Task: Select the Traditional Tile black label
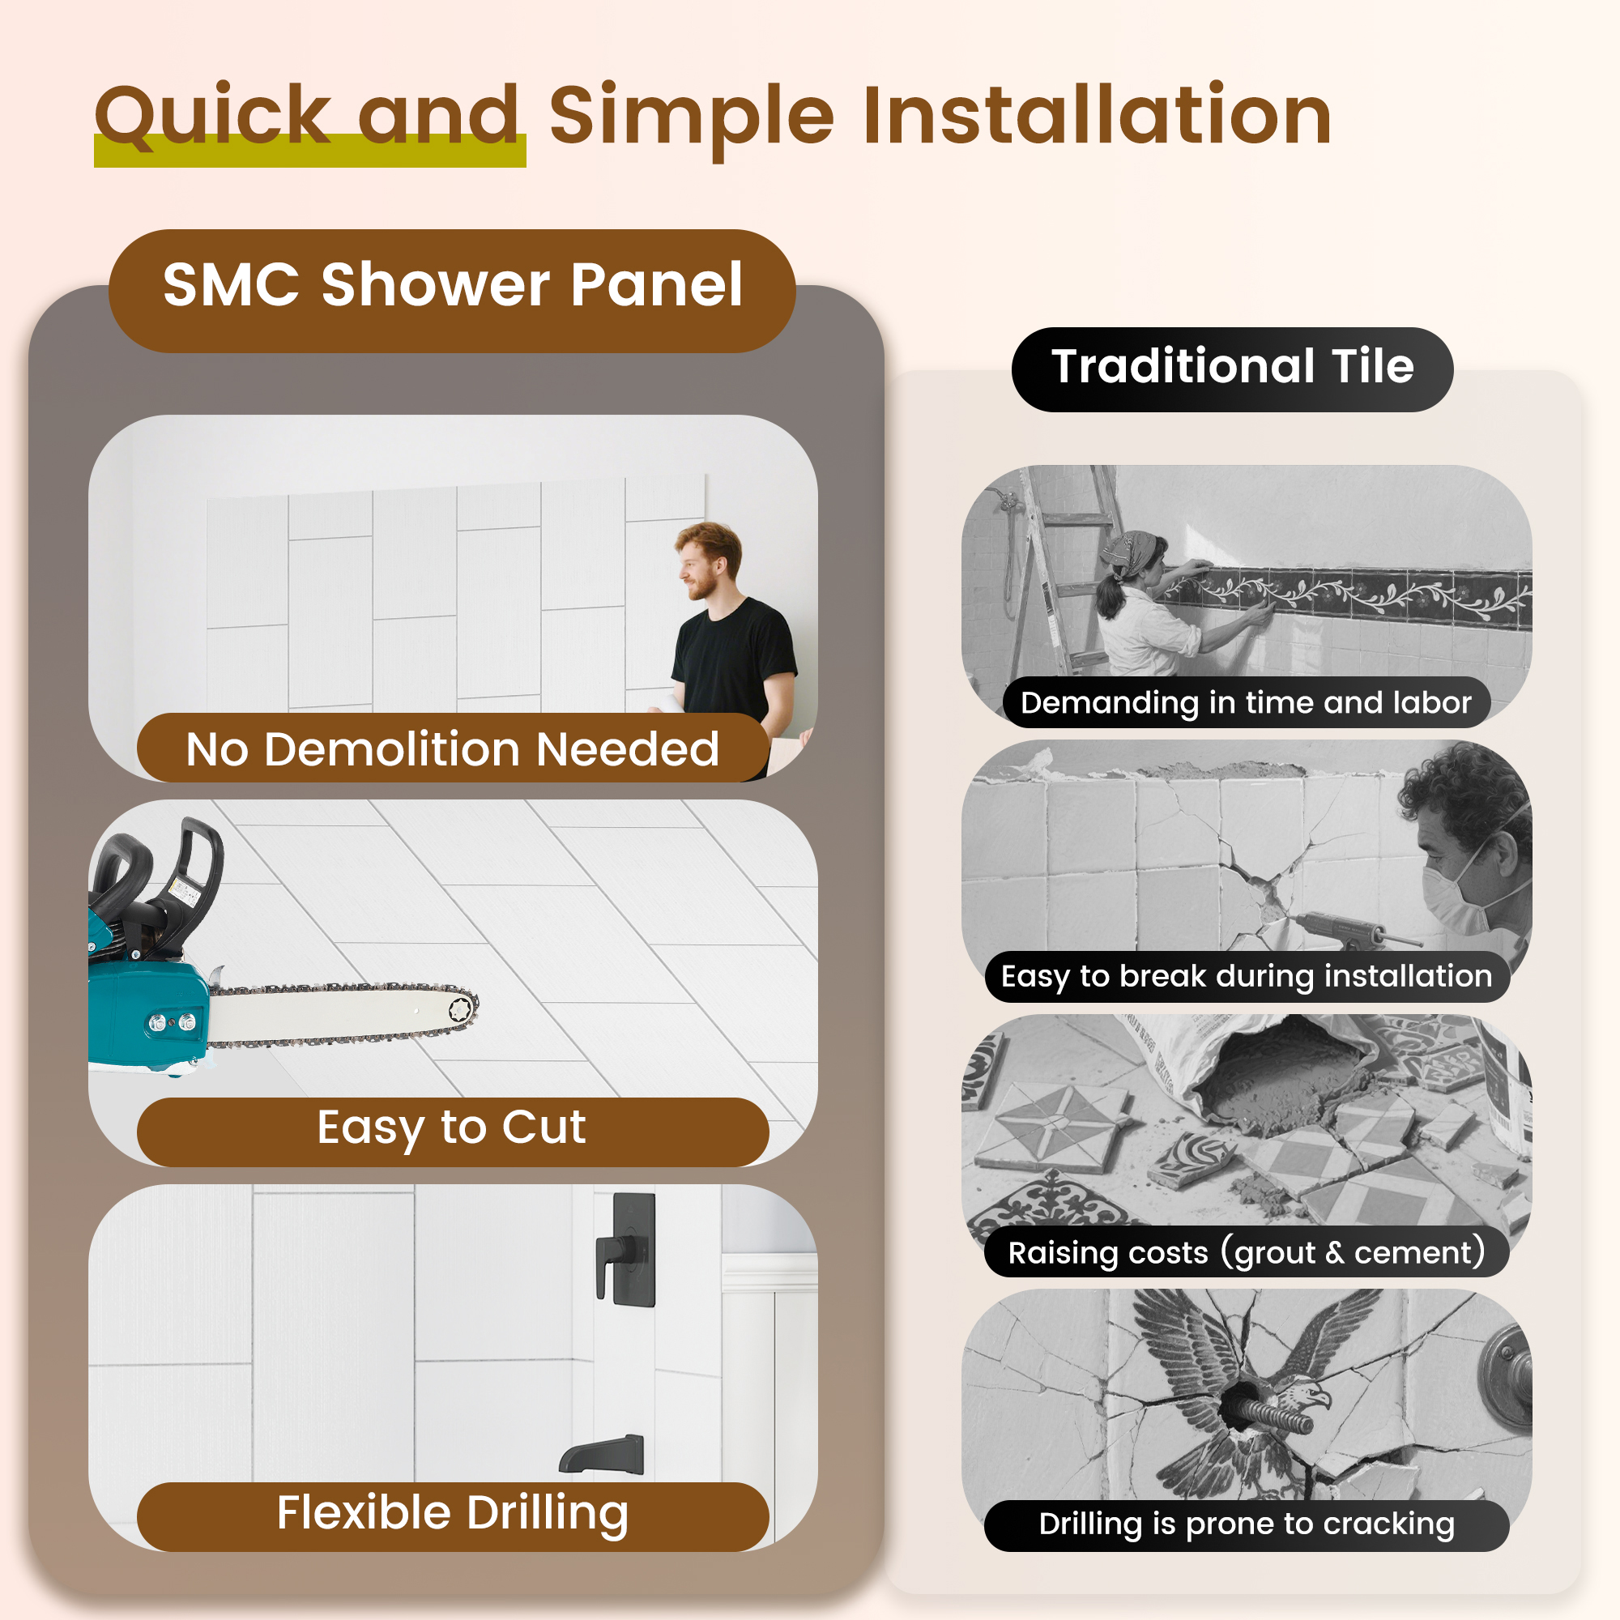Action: pos(1232,369)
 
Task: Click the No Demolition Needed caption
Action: pos(452,748)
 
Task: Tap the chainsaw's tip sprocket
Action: pos(460,1009)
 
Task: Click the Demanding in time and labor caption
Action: pos(1245,702)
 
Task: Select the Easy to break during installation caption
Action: pos(1246,977)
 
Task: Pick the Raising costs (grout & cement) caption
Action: pos(1246,1252)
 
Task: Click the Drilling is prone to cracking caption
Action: pos(1246,1525)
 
